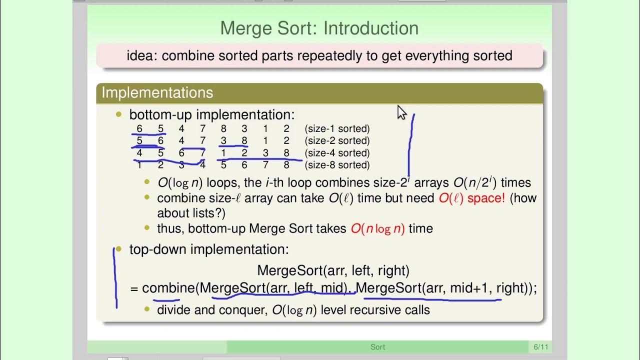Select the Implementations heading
157,92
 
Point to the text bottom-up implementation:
212,115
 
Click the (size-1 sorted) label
337,129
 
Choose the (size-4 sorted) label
337,153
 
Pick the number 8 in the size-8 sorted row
286,165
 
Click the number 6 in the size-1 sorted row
139,129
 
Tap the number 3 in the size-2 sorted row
223,141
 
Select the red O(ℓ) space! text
472,198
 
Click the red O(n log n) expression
377,228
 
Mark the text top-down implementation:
209,249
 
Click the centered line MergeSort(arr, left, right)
333,271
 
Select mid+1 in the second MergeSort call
470,288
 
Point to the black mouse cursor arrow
401,112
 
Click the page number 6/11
540,347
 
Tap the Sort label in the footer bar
377,347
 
